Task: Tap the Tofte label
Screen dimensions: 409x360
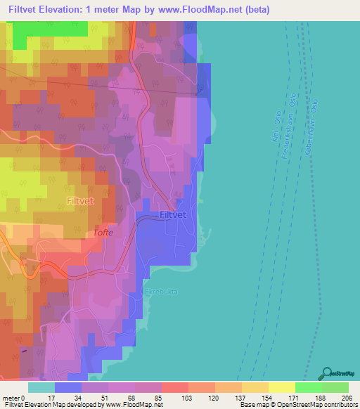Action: coord(103,232)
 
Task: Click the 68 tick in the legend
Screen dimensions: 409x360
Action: coord(115,397)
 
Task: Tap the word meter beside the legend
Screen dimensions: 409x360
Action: coord(12,397)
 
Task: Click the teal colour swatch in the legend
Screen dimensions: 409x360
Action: coord(41,387)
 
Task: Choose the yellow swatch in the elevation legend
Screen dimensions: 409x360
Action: coord(281,387)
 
